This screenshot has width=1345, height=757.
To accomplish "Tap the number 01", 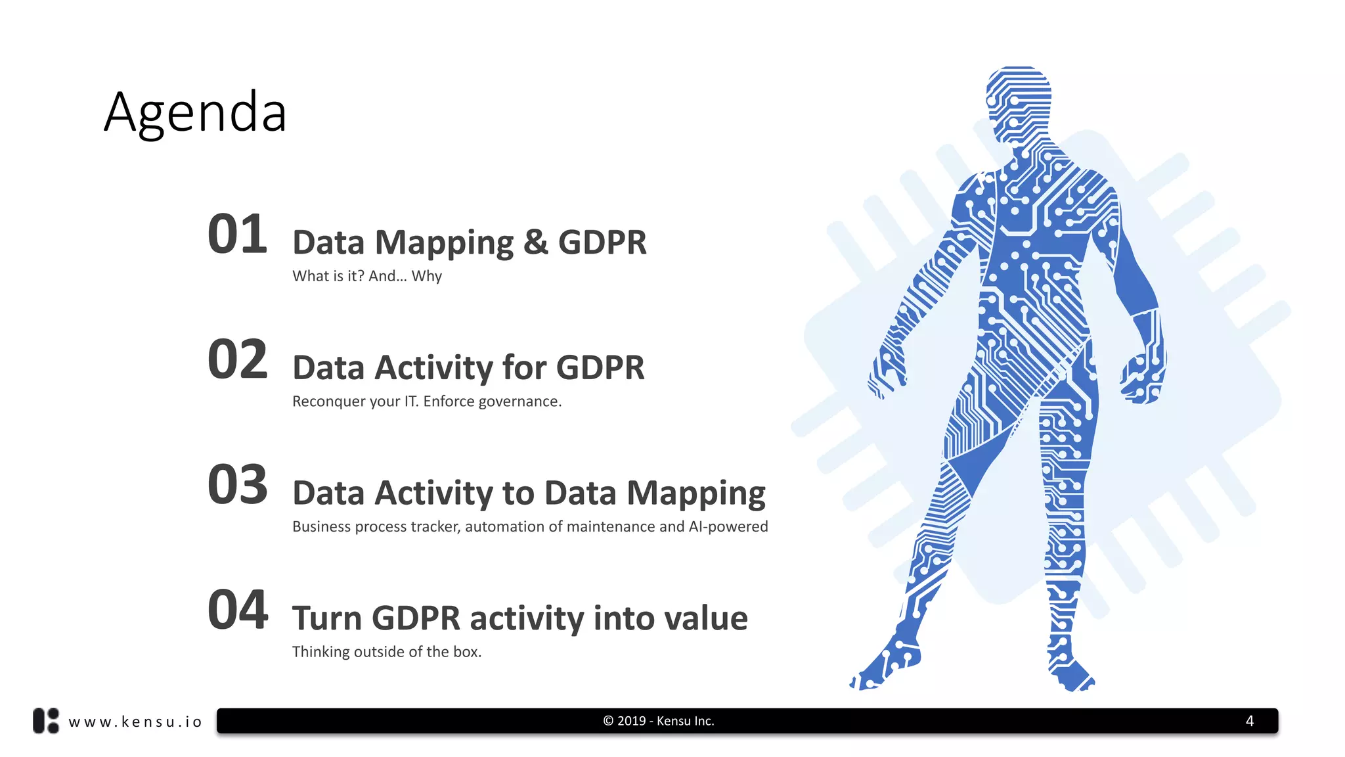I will (237, 235).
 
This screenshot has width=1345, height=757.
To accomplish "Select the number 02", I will (237, 359).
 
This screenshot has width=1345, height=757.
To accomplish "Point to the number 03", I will (237, 485).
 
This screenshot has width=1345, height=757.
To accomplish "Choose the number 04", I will (237, 610).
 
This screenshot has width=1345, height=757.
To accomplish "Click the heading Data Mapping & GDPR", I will (469, 242).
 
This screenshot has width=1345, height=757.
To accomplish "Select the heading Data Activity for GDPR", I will (468, 367).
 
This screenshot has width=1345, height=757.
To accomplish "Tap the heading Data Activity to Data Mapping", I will (529, 493).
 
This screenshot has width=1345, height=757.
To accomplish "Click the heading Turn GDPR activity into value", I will (519, 618).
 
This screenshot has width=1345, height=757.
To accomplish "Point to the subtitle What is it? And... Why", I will (366, 276).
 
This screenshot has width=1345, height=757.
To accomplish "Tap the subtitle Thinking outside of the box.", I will (386, 652).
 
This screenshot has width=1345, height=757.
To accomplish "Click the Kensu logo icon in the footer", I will (46, 721).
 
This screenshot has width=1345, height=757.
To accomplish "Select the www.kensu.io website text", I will (135, 722).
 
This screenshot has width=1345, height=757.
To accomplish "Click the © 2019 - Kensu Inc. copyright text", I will (658, 721).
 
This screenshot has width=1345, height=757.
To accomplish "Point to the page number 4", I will (1249, 721).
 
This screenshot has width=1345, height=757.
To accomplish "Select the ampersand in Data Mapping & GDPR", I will (536, 242).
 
